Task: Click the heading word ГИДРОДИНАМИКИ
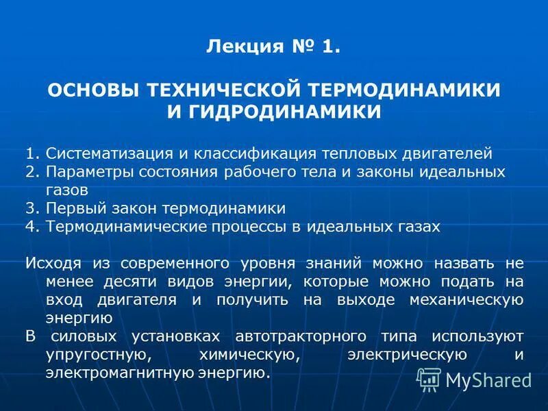[x=293, y=111]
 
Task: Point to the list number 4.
[x=29, y=227]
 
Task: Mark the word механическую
[x=466, y=300]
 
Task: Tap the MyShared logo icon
[x=429, y=377]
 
